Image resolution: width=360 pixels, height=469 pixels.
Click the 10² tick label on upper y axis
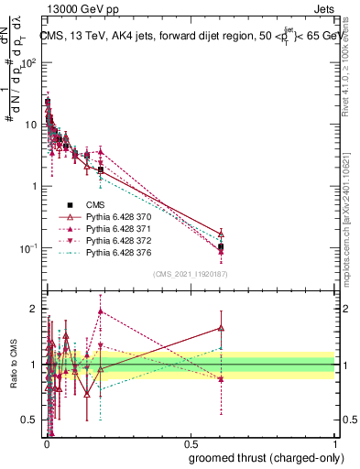(x=29, y=62)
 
